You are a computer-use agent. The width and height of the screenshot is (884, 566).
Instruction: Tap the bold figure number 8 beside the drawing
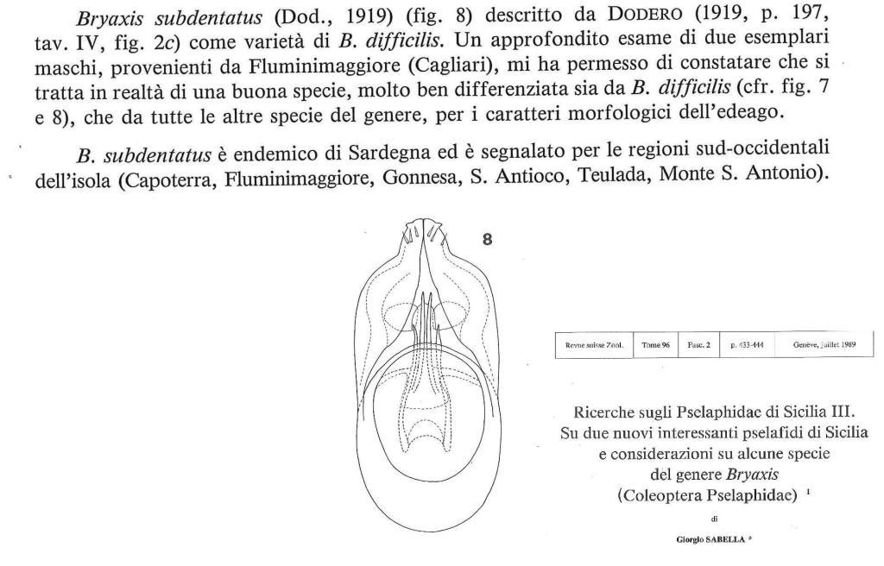click(488, 241)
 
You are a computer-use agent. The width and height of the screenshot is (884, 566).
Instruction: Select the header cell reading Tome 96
click(655, 343)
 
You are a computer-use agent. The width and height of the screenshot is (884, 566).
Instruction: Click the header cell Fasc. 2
click(696, 343)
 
